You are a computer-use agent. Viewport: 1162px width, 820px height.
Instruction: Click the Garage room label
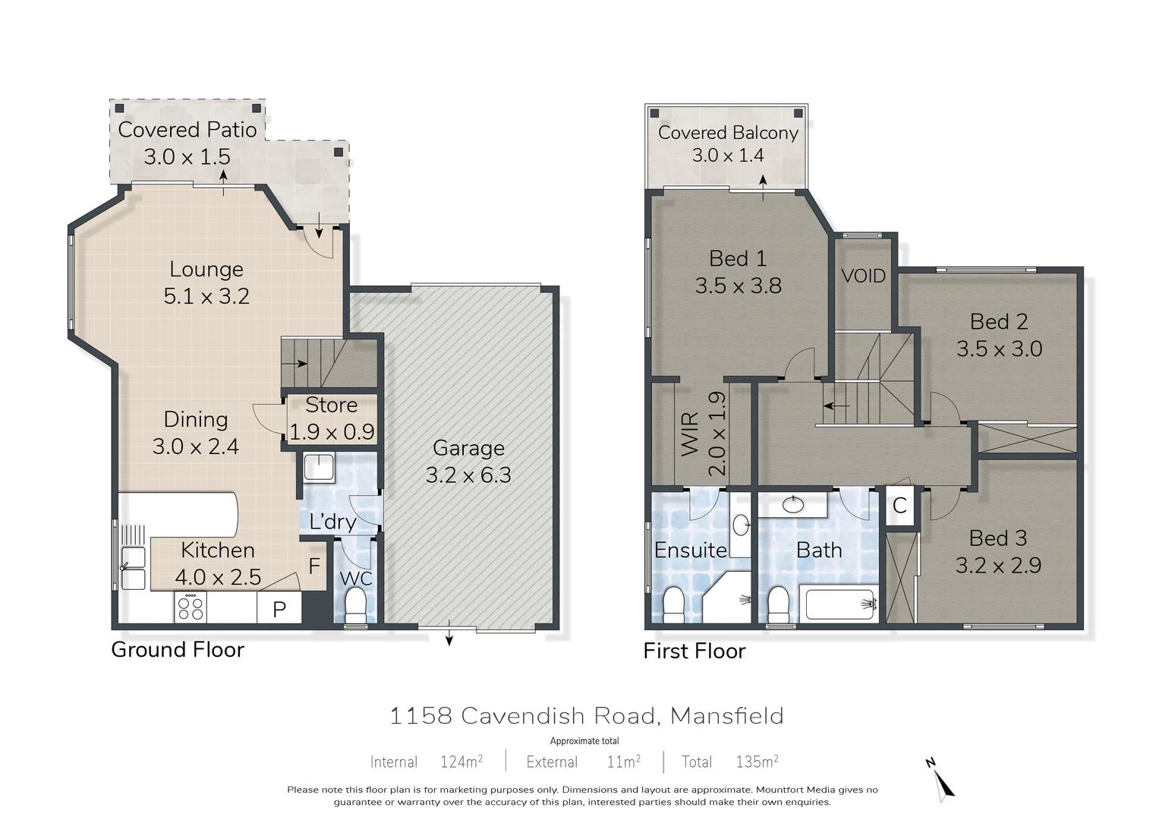(x=468, y=448)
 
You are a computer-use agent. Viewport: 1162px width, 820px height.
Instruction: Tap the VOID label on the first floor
(x=863, y=276)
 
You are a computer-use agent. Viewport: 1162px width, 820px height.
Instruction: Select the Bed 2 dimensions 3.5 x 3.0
(x=999, y=348)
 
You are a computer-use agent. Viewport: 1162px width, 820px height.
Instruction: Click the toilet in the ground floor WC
(x=355, y=606)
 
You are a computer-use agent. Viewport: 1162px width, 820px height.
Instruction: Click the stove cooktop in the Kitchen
(x=190, y=607)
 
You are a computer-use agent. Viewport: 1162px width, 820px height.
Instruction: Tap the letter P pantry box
(x=279, y=609)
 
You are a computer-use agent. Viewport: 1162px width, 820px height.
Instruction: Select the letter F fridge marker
(x=314, y=566)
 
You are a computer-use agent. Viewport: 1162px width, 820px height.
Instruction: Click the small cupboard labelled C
(x=899, y=506)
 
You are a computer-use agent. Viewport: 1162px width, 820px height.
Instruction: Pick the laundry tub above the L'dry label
(x=319, y=468)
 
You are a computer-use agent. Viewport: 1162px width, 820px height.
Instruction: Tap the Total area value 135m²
(x=757, y=762)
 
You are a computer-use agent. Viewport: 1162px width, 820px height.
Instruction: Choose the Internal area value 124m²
(x=461, y=762)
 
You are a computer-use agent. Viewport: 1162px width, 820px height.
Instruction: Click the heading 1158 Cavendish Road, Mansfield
(x=586, y=715)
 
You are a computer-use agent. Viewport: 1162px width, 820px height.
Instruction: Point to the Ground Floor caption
(x=178, y=650)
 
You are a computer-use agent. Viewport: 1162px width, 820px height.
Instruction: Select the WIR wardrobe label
(x=690, y=434)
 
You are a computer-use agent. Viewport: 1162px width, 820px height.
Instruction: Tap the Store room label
(x=331, y=405)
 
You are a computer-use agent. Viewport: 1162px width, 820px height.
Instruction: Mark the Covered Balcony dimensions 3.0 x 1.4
(x=727, y=156)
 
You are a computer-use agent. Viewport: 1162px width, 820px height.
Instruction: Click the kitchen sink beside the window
(x=134, y=568)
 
